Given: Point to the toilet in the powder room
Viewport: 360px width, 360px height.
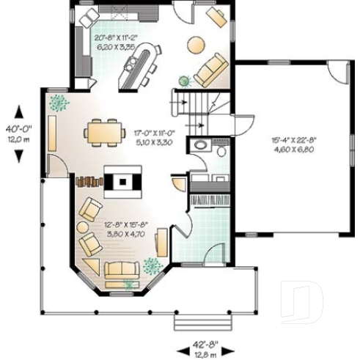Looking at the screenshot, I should coord(221,150).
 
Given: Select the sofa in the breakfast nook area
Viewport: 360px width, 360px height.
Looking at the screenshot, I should coord(213,70).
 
